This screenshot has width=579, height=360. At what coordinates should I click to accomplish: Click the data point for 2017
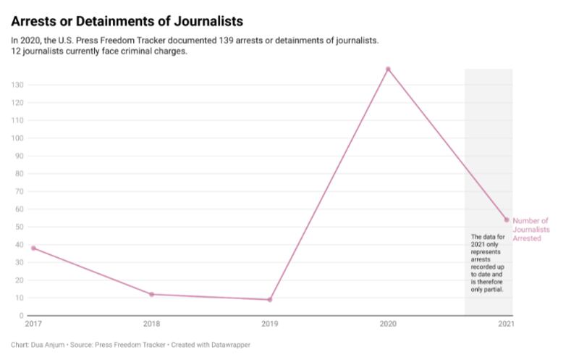click(33, 248)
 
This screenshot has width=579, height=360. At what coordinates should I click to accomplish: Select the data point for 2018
click(151, 294)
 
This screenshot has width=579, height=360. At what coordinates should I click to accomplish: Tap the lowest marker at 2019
click(270, 300)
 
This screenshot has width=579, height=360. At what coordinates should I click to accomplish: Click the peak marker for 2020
click(388, 70)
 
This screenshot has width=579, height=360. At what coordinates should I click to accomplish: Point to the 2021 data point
click(507, 219)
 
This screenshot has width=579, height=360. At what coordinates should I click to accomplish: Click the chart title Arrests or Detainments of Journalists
click(127, 21)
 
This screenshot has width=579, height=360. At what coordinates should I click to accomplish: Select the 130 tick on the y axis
click(17, 85)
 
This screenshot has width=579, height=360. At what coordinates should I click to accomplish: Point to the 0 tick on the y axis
click(22, 316)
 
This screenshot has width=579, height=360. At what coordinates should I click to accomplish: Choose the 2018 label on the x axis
click(151, 324)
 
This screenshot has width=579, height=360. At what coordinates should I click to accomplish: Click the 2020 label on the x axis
click(388, 324)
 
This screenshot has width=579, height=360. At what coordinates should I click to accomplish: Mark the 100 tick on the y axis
click(17, 138)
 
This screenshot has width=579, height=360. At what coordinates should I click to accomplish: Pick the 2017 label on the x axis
click(34, 324)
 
